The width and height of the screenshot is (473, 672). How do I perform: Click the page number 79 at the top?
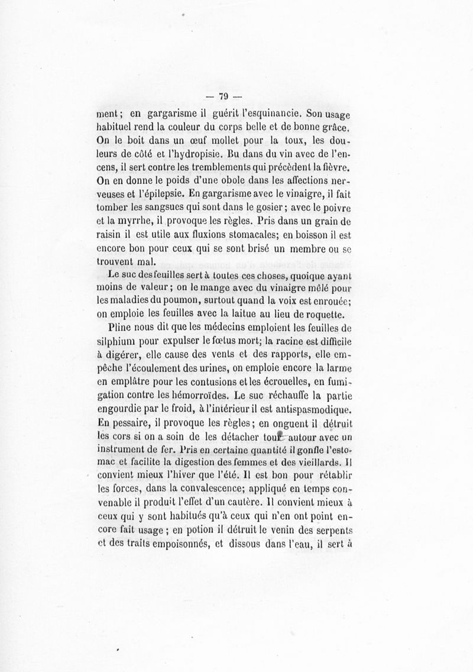point(223,97)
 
